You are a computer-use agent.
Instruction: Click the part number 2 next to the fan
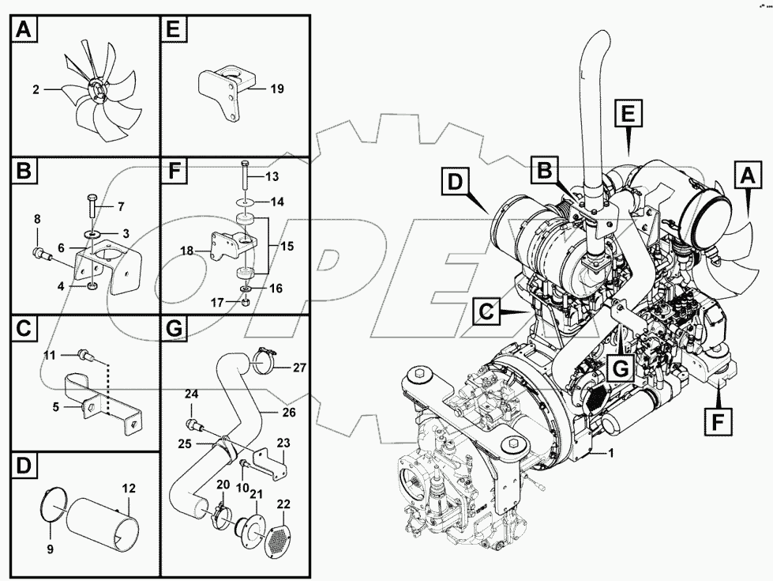click(36, 90)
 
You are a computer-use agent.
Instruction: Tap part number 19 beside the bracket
click(276, 89)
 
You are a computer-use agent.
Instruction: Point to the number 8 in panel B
click(37, 219)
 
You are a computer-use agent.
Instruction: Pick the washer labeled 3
click(93, 235)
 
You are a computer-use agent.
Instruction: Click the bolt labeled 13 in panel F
click(245, 175)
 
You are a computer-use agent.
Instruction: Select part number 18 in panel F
click(187, 251)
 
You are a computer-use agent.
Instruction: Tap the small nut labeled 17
click(246, 301)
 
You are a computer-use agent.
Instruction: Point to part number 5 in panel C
click(55, 408)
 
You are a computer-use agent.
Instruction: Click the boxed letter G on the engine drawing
click(621, 367)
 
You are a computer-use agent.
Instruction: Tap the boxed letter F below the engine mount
click(716, 423)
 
